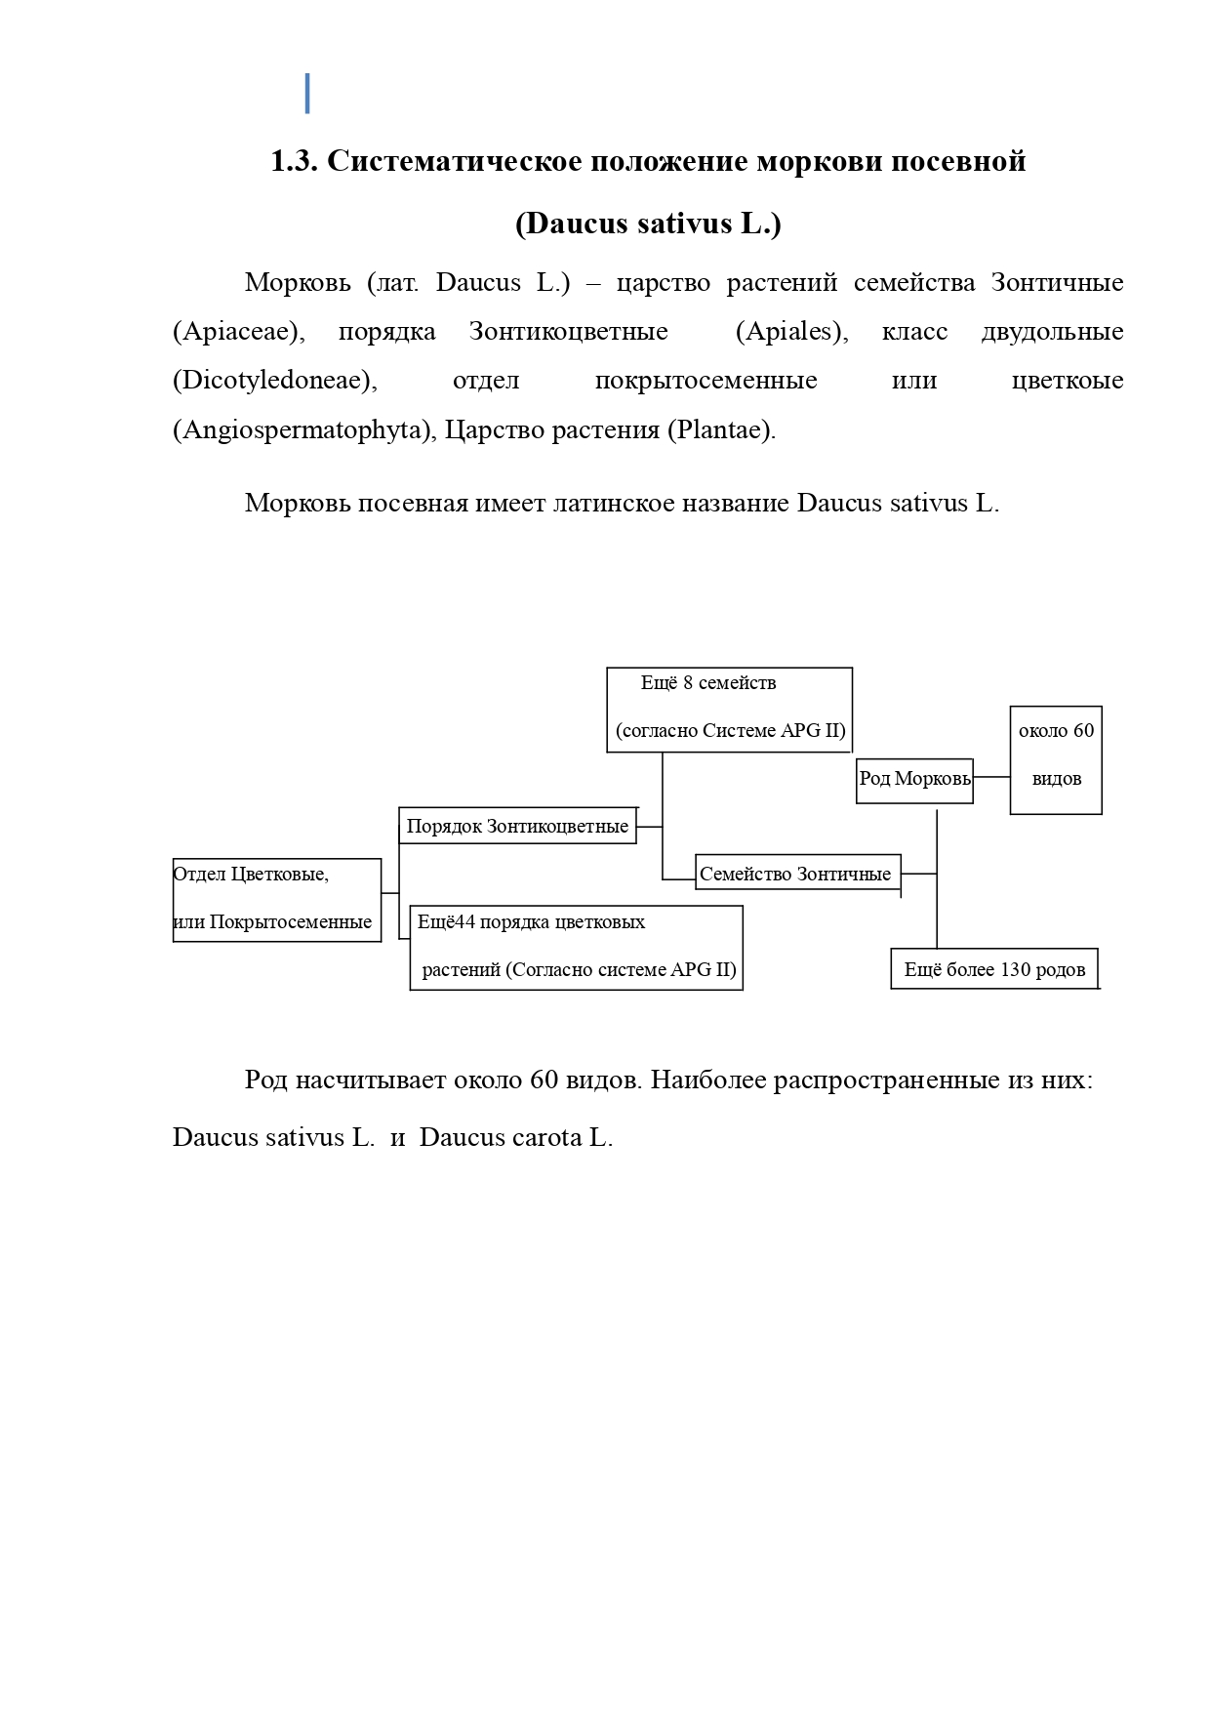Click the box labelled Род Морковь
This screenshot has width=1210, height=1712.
point(914,781)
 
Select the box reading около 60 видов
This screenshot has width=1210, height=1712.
point(1056,759)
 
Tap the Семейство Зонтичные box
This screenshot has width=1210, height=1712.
point(796,875)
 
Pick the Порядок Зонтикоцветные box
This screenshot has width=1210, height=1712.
point(517,826)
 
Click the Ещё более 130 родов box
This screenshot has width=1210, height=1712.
point(994,969)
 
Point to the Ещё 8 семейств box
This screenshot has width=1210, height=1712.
point(729,710)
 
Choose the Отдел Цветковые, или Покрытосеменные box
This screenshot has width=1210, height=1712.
point(276,899)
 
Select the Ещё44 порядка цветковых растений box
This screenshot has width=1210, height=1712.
point(576,947)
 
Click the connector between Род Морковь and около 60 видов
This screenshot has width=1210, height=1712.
point(991,778)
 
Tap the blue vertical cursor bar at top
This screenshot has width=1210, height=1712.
point(307,94)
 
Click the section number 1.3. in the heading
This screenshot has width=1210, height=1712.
point(294,161)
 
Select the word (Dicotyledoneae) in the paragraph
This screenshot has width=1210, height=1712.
point(274,381)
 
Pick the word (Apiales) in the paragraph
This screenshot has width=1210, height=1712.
point(791,332)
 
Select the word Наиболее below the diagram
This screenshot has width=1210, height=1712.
point(707,1081)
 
